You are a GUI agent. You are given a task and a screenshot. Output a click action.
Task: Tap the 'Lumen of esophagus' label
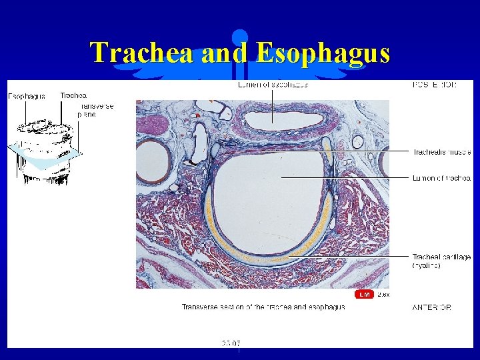[x=273, y=85]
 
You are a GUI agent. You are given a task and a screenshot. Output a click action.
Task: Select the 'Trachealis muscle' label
[x=441, y=151]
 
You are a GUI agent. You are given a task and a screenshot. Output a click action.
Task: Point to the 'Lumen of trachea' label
[x=441, y=178]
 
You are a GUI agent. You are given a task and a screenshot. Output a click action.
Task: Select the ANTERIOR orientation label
[x=431, y=307]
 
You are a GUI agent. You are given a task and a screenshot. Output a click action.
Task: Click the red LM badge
[x=364, y=294]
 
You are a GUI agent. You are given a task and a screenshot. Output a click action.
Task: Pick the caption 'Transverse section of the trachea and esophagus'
[x=263, y=307]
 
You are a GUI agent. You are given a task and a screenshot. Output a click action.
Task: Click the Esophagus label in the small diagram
[x=27, y=96]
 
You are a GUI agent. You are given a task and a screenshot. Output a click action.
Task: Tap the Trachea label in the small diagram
[x=73, y=96]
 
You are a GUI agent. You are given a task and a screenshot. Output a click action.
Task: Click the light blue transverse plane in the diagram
[x=47, y=157]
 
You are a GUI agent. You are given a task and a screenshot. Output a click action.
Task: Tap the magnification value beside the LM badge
[x=383, y=294]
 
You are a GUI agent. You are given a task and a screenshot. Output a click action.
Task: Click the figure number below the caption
[x=231, y=343]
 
